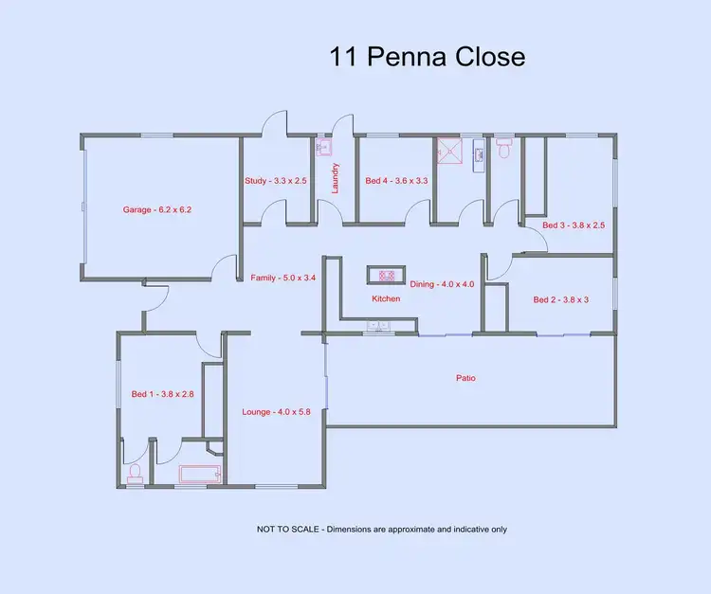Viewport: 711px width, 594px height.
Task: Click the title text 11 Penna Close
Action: (x=427, y=57)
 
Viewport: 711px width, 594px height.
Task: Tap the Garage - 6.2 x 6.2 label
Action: (x=157, y=209)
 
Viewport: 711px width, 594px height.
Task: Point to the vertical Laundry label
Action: (x=336, y=178)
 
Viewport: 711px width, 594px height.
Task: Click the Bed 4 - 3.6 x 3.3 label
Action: (x=396, y=180)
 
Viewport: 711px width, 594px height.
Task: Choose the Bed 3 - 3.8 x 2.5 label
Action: (x=574, y=225)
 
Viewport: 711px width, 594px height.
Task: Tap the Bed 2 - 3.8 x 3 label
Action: (x=561, y=299)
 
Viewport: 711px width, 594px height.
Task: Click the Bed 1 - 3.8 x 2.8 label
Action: (x=162, y=394)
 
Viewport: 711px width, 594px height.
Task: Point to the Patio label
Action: (x=465, y=378)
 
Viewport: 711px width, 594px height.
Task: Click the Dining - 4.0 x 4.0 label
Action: (x=442, y=284)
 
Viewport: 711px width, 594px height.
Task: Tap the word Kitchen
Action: (x=386, y=298)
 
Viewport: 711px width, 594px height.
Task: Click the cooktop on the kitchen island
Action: (x=387, y=276)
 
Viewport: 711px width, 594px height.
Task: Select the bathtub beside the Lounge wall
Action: (x=199, y=475)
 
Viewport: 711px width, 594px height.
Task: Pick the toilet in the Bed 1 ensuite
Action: (x=135, y=473)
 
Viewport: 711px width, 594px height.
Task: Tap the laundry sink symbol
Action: (x=322, y=147)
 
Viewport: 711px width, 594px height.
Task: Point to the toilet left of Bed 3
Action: (x=504, y=148)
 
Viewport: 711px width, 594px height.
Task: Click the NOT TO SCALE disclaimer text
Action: (x=381, y=530)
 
